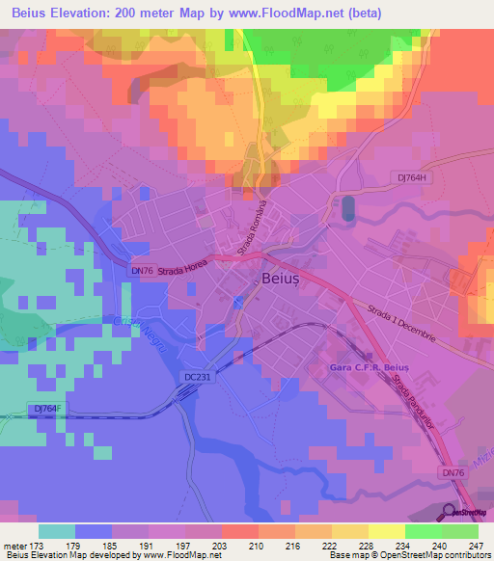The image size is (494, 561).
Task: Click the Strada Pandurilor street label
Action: pos(408,403)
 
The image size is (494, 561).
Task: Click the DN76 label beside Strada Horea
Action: pos(141,271)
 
